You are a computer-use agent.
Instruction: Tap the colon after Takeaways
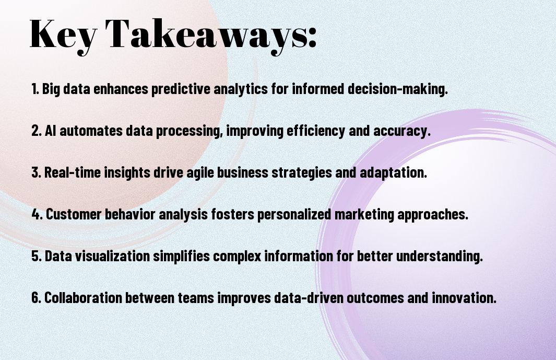312,38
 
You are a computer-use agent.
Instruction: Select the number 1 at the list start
34,89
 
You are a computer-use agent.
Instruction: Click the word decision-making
397,89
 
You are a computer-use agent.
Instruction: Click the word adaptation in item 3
393,172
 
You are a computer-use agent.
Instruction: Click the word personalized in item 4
294,215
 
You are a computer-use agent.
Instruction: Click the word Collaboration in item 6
83,297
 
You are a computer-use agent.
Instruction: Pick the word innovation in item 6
464,297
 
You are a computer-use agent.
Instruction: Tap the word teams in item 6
196,297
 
